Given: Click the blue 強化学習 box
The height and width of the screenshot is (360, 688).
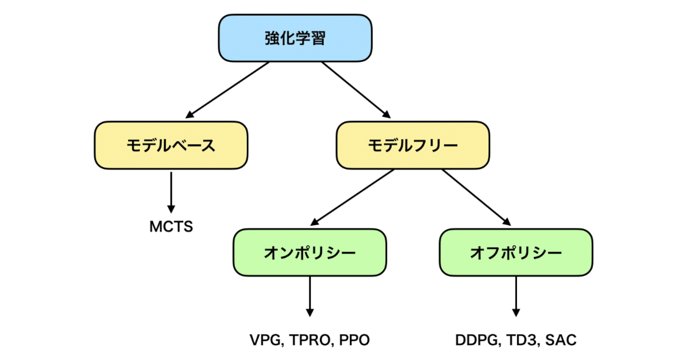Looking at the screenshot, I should coord(295,38).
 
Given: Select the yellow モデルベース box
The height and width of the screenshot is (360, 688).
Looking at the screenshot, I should coord(171,145).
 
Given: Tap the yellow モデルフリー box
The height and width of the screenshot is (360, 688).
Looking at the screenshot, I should coord(413,145).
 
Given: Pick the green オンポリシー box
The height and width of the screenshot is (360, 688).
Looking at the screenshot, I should coord(310,253).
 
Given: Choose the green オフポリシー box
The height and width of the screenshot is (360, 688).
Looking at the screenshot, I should coord(516,253).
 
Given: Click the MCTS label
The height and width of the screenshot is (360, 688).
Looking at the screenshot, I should coord(171,227).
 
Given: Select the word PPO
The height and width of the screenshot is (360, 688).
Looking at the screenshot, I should coord(355,340).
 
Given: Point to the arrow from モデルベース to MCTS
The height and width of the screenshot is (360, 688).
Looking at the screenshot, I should coord(171,191).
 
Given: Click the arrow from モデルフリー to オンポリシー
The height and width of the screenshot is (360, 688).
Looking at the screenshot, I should coord(353,197).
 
